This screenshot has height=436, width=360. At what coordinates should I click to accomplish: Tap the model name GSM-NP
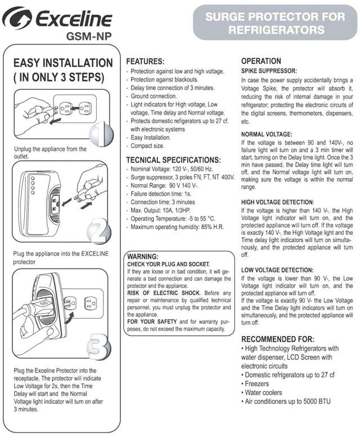point(89,37)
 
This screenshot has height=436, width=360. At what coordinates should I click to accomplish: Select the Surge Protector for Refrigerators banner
point(275,23)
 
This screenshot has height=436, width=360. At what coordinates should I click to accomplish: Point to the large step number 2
point(99,230)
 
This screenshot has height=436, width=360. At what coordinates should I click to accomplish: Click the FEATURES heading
point(145,61)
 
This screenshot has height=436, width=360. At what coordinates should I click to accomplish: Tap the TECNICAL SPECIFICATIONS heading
point(173,160)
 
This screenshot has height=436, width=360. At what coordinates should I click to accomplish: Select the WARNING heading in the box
point(143,256)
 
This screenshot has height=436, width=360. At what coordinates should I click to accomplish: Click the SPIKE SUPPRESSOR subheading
point(269,71)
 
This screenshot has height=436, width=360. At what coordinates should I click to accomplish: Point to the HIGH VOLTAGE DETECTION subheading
point(277,202)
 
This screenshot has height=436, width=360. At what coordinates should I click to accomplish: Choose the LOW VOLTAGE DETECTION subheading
point(277,270)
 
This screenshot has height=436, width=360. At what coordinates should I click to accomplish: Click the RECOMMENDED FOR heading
point(277,339)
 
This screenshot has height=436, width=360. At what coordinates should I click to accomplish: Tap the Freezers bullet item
point(255,384)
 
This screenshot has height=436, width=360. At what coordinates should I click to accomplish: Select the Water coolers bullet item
point(262,393)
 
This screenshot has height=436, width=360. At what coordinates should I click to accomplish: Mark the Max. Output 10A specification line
point(159,211)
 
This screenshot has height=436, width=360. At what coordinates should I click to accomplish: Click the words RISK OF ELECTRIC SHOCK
point(164,293)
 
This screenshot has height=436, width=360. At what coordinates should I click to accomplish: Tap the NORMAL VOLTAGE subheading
point(267,135)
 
